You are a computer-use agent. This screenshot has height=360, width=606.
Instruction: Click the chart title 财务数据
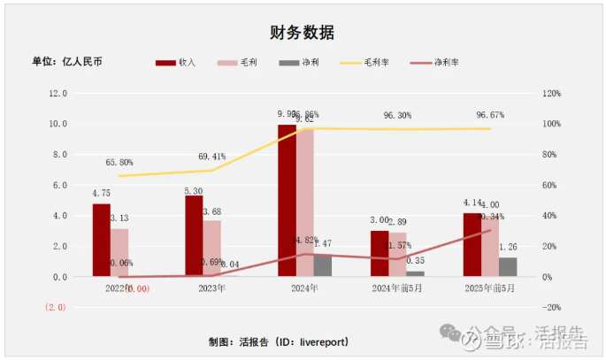pyautogui.click(x=302, y=33)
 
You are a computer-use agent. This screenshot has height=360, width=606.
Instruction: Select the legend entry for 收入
pyautogui.click(x=175, y=63)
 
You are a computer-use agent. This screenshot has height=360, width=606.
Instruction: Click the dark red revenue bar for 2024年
pyautogui.click(x=287, y=201)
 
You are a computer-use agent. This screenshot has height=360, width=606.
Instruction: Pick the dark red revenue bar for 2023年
pyautogui.click(x=194, y=236)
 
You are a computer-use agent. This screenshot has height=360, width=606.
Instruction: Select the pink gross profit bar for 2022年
pyautogui.click(x=119, y=253)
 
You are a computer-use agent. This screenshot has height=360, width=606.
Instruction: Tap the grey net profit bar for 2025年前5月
pyautogui.click(x=508, y=267)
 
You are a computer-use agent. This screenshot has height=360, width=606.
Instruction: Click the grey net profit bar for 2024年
pyautogui.click(x=323, y=265)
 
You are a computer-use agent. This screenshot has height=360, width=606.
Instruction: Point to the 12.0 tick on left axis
pyautogui.click(x=58, y=93)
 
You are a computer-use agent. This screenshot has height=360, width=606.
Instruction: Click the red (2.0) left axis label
pyautogui.click(x=57, y=307)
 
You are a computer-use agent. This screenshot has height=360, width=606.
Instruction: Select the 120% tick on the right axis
pyautogui.click(x=552, y=93)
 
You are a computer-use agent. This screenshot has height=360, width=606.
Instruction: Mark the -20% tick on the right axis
pyautogui.click(x=552, y=307)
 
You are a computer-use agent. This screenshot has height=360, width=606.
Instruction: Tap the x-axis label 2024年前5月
pyautogui.click(x=397, y=288)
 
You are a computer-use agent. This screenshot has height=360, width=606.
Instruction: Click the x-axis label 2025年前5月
pyautogui.click(x=490, y=288)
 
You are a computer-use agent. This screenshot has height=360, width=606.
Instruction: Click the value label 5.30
pyautogui.click(x=194, y=190)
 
